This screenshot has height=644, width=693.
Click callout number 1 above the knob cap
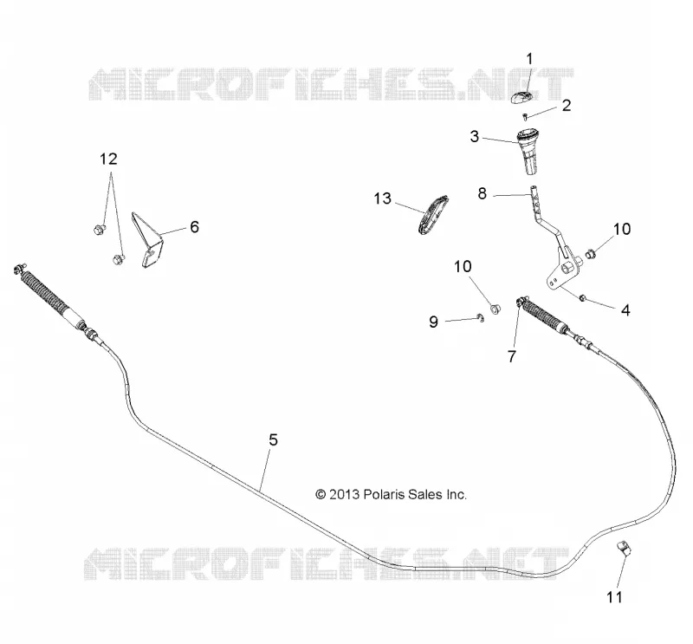click(529, 59)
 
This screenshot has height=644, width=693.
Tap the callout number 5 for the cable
click(273, 439)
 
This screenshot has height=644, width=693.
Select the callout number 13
click(382, 198)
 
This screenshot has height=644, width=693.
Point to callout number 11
click(614, 597)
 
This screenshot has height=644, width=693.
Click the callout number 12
click(108, 159)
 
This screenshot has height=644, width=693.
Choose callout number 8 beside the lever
click(483, 193)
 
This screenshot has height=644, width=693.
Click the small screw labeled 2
click(525, 117)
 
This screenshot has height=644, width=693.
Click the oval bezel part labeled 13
click(433, 215)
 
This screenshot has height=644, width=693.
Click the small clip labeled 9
click(481, 317)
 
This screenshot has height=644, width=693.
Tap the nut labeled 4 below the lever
click(582, 297)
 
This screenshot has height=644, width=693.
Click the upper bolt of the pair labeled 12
click(99, 229)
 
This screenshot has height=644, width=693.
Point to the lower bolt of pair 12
click(119, 259)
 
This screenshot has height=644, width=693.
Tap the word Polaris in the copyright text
click(384, 495)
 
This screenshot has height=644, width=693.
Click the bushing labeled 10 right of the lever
click(590, 254)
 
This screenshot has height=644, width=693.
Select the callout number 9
click(433, 322)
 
